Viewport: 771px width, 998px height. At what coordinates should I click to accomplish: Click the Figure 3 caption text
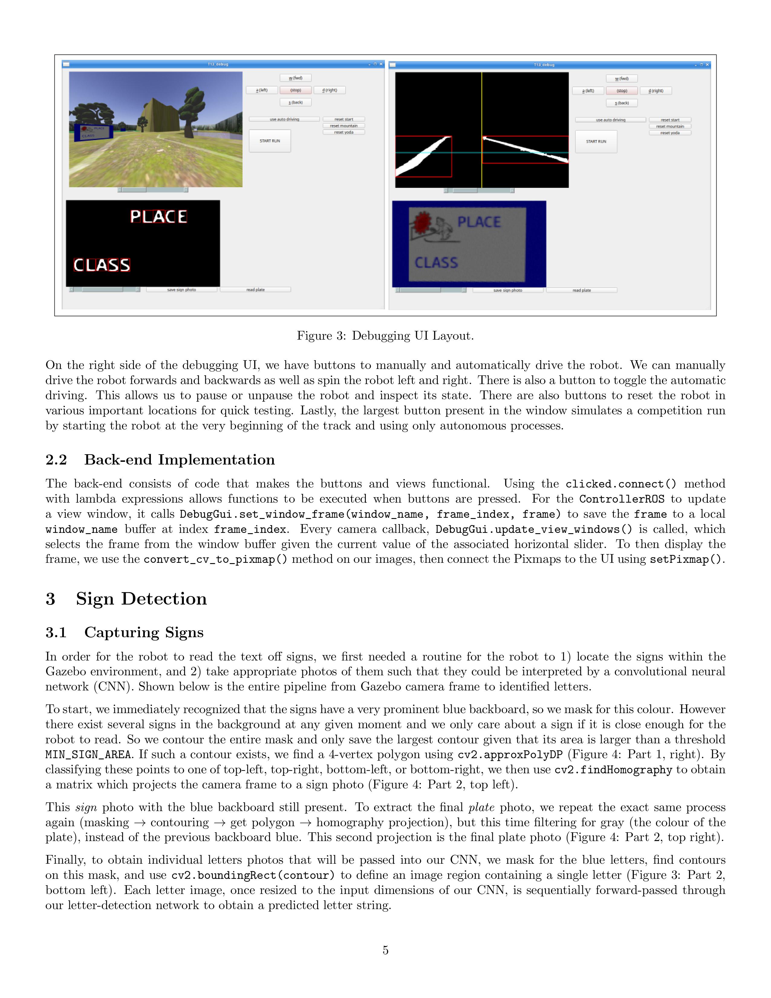(385, 336)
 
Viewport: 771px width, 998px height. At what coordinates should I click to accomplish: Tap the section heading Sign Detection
(141, 598)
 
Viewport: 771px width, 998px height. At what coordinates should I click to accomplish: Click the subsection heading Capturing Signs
(143, 632)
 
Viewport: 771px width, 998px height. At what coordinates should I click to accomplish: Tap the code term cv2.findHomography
(613, 770)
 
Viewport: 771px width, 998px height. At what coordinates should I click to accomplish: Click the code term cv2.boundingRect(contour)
(252, 875)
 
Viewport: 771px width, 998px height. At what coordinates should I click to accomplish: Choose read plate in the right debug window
(581, 290)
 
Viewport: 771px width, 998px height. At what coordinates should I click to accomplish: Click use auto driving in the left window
(284, 119)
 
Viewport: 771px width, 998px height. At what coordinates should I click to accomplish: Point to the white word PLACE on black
(158, 217)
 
